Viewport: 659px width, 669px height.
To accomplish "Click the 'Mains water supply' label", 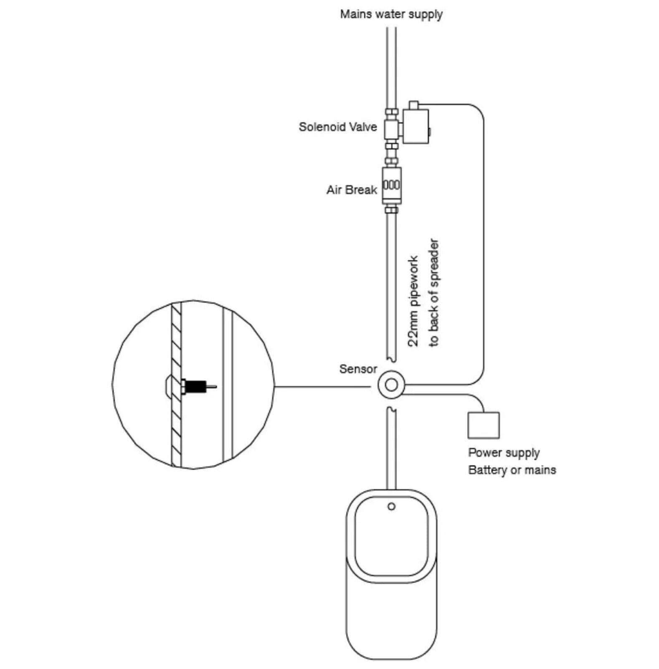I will coord(391,14).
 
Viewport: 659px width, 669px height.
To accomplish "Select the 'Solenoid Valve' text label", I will coord(337,127).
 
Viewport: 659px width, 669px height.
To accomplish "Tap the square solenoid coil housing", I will coord(416,126).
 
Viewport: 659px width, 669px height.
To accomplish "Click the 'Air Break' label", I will coord(352,190).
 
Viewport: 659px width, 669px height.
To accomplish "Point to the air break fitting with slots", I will coord(391,185).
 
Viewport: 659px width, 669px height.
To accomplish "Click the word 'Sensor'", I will coord(358,369).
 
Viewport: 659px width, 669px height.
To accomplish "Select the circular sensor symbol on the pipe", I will coord(391,385).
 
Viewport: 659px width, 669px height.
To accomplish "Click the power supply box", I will coord(483,425).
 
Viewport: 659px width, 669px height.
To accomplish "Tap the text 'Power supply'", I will coord(504,453).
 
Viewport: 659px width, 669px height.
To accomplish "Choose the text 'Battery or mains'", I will coord(512,470).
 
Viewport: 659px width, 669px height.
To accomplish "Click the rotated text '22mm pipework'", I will coord(413,301).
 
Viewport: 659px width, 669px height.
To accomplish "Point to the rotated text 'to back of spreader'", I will coord(434,293).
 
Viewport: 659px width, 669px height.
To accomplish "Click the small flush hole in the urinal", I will coord(391,506).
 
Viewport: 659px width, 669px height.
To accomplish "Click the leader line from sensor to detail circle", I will coord(322,387).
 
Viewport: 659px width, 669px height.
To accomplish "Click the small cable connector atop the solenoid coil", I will coord(413,105).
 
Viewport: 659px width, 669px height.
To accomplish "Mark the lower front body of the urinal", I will coord(391,619).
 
